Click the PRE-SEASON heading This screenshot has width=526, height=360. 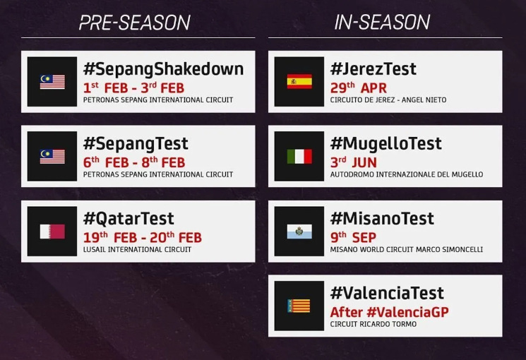(x=135, y=23)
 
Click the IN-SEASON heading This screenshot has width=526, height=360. (x=383, y=23)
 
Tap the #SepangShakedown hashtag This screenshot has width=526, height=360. (x=163, y=69)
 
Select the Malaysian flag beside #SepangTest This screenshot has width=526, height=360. (x=52, y=156)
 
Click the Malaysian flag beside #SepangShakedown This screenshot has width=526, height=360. (x=52, y=81)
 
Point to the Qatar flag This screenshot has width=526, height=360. (x=52, y=232)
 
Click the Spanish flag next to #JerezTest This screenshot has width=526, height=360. (x=299, y=81)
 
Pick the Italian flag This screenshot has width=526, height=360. (x=299, y=156)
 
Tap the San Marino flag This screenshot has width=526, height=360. (x=299, y=232)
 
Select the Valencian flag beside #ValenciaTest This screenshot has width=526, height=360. (x=299, y=306)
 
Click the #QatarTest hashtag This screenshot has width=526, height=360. (x=128, y=219)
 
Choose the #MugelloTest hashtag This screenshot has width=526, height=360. (x=385, y=143)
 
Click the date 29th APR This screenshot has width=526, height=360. (x=358, y=88)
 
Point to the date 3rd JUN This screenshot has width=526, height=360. (x=354, y=163)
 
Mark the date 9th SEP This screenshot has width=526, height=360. (x=353, y=238)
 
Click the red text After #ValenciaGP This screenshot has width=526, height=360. (x=389, y=313)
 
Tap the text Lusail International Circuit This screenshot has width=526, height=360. (x=137, y=250)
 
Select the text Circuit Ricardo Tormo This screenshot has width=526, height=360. (x=373, y=324)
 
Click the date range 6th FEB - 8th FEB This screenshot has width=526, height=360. (x=134, y=163)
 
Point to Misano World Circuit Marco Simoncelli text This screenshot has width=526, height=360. (x=407, y=250)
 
